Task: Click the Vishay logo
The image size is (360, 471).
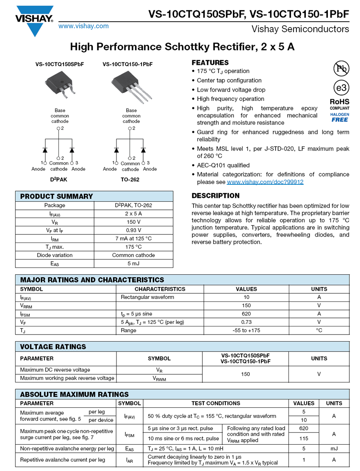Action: click(34, 19)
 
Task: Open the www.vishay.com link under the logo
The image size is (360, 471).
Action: click(83, 26)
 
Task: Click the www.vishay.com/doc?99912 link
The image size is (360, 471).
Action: click(265, 182)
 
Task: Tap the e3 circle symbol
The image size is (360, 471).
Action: click(341, 88)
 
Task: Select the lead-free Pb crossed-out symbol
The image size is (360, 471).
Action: click(341, 68)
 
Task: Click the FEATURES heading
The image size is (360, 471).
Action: click(210, 62)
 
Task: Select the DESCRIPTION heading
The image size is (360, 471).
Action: click(216, 196)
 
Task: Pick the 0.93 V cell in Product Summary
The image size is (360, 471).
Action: click(133, 230)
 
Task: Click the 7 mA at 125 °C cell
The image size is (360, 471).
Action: click(133, 239)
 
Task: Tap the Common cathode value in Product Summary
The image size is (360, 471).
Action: click(133, 255)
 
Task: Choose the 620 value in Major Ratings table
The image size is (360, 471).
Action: click(246, 314)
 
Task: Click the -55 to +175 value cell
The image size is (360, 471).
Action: click(246, 330)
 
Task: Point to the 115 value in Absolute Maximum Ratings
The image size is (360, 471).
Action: click(303, 438)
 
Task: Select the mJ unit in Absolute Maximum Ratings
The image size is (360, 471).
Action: click(334, 449)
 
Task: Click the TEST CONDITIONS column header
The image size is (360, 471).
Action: click(216, 403)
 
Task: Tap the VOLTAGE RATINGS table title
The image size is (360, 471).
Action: click(53, 347)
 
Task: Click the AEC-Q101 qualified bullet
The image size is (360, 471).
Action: click(223, 165)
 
